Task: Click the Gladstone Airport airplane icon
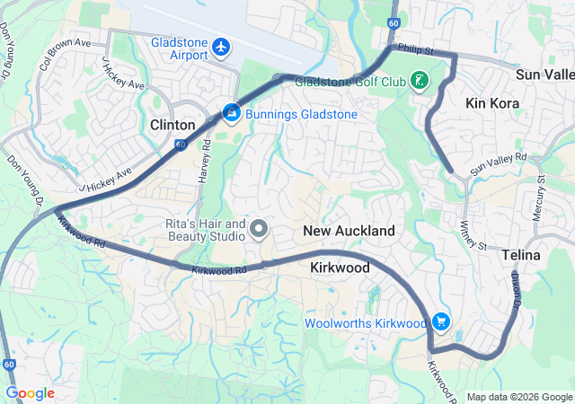(222, 46)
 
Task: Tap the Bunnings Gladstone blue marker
(231, 114)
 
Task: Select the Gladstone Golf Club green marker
(419, 82)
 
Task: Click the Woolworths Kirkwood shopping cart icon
(441, 321)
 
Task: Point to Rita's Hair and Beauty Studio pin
(260, 230)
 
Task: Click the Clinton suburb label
(172, 125)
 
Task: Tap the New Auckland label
(349, 231)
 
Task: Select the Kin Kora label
(492, 104)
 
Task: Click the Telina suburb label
(521, 255)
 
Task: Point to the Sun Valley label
(546, 73)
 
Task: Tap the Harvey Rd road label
(205, 157)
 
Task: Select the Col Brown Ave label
(65, 55)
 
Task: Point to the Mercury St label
(541, 203)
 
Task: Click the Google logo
(30, 393)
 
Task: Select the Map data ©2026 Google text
(517, 397)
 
